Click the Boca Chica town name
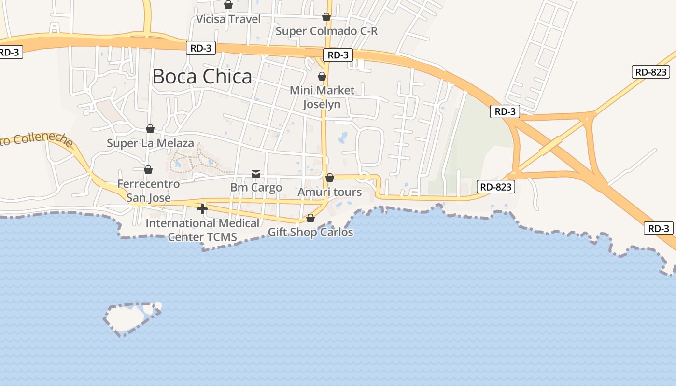tap(202, 77)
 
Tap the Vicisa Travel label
tap(228, 19)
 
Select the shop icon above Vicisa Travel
tap(228, 5)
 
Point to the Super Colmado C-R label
tap(326, 31)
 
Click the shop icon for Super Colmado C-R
tap(326, 17)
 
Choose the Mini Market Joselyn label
tap(322, 97)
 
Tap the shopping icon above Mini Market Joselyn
tap(322, 76)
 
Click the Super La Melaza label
tap(150, 143)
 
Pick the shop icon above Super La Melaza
tap(150, 129)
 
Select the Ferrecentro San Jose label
tap(148, 191)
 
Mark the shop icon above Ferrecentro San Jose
tap(148, 170)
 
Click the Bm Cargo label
tap(256, 188)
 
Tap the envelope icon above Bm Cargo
tap(256, 173)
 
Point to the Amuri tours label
tap(329, 192)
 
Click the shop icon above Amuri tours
tap(330, 178)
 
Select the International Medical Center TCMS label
tap(202, 230)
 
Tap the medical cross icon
tap(202, 209)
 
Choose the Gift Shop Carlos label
tap(310, 233)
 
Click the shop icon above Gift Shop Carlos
tap(310, 218)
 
